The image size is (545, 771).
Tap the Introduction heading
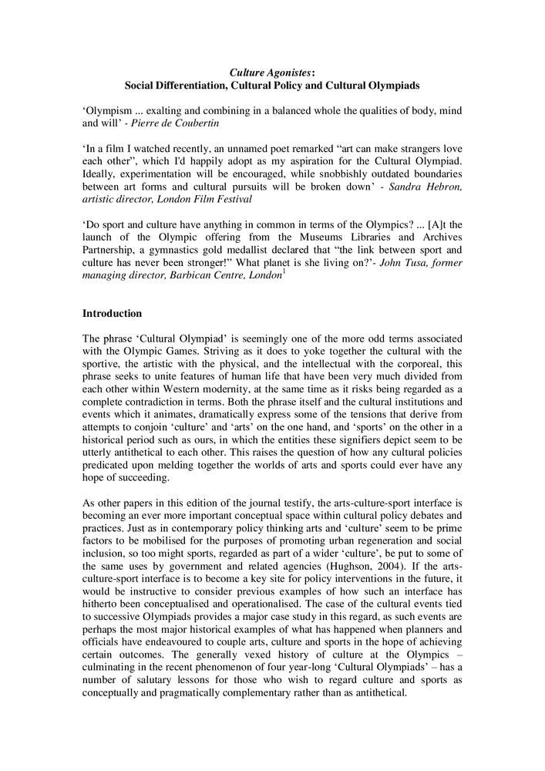pyautogui.click(x=112, y=314)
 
